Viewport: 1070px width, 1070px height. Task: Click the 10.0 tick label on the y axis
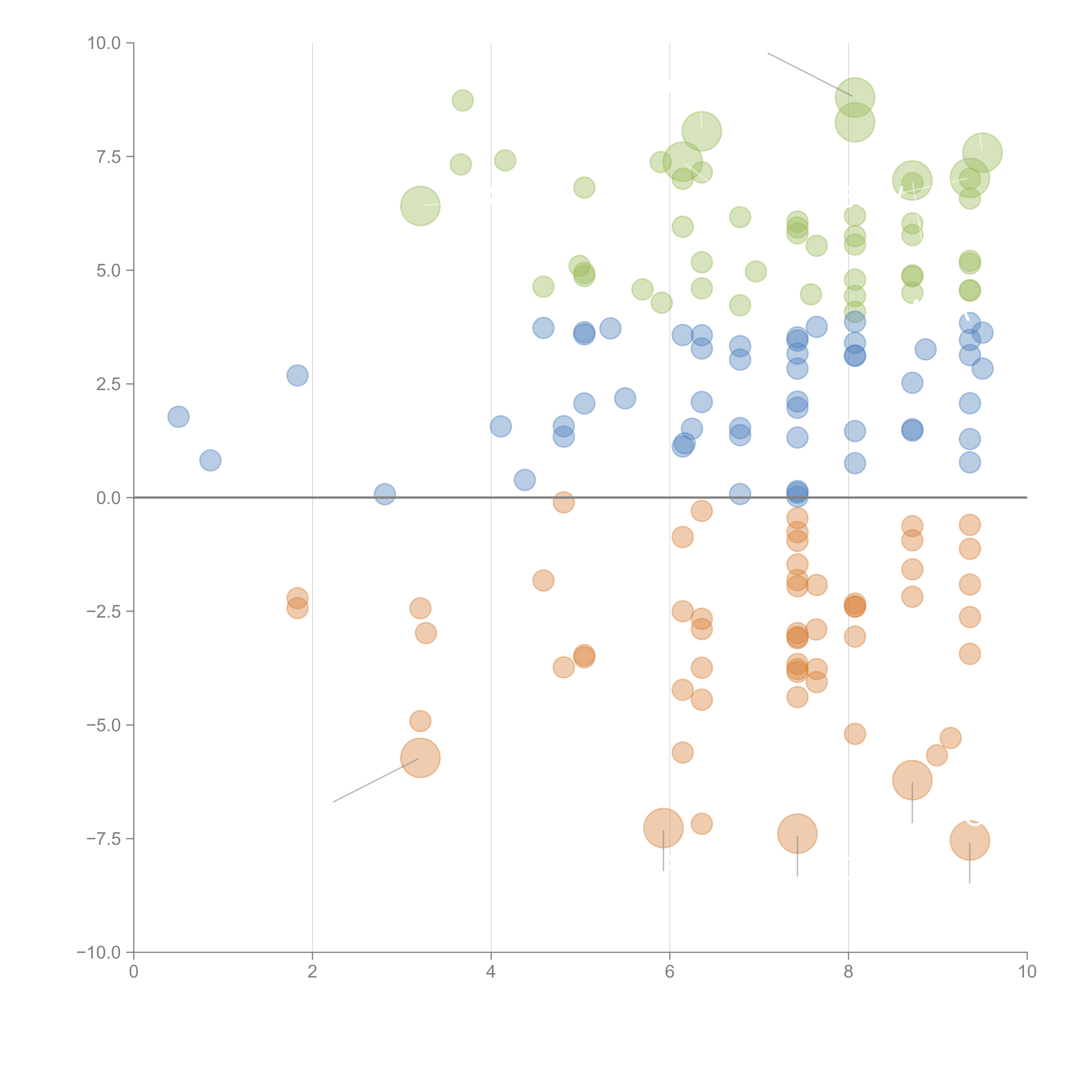click(104, 43)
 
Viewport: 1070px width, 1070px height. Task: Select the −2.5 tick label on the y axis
click(104, 611)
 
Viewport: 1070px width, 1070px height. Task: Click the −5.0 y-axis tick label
click(104, 725)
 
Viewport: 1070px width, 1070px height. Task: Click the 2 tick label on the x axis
click(312, 972)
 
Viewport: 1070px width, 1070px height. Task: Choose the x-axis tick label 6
click(670, 972)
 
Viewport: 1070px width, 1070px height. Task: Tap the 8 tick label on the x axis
click(849, 972)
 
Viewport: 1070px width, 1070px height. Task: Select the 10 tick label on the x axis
click(1027, 972)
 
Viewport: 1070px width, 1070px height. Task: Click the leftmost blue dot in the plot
click(178, 416)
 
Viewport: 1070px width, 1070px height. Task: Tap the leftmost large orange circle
click(420, 758)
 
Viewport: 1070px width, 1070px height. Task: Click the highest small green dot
click(462, 100)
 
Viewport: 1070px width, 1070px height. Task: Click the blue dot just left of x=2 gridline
click(297, 376)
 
